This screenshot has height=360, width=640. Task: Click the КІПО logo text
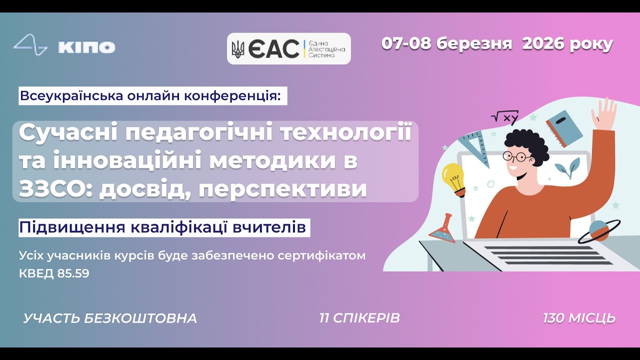coord(86,47)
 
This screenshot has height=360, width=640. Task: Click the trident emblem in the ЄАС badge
coord(238,49)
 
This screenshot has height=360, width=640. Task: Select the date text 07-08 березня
coord(446,44)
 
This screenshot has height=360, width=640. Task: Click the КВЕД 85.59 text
coord(54,273)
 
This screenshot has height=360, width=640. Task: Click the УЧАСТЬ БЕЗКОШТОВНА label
coord(110,318)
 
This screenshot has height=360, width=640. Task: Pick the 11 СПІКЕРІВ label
coord(359,318)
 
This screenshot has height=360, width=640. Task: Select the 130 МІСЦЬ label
coord(579,318)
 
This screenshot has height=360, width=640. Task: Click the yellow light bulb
coord(453,177)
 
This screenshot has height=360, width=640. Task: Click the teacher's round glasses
coord(517,156)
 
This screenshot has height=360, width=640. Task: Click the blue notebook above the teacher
coord(564,127)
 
